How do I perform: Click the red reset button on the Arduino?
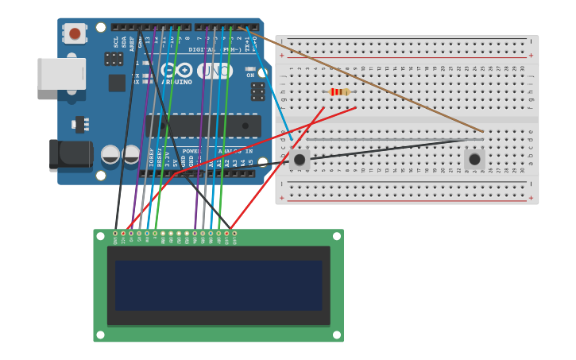tap(75, 33)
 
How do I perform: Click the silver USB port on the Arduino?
tap(61, 73)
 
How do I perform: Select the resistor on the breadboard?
tap(339, 92)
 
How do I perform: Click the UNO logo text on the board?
tap(215, 71)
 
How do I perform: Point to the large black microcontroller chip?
tap(204, 126)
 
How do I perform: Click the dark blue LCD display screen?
tap(218, 285)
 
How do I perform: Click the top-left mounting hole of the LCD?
tap(101, 236)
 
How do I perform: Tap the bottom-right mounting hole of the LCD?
tap(336, 335)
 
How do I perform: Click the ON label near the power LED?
tap(250, 75)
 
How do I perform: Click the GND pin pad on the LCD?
tap(115, 234)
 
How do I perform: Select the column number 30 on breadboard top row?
tap(522, 68)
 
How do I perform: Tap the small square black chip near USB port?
tap(117, 83)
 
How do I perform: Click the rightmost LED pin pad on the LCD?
tap(234, 234)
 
